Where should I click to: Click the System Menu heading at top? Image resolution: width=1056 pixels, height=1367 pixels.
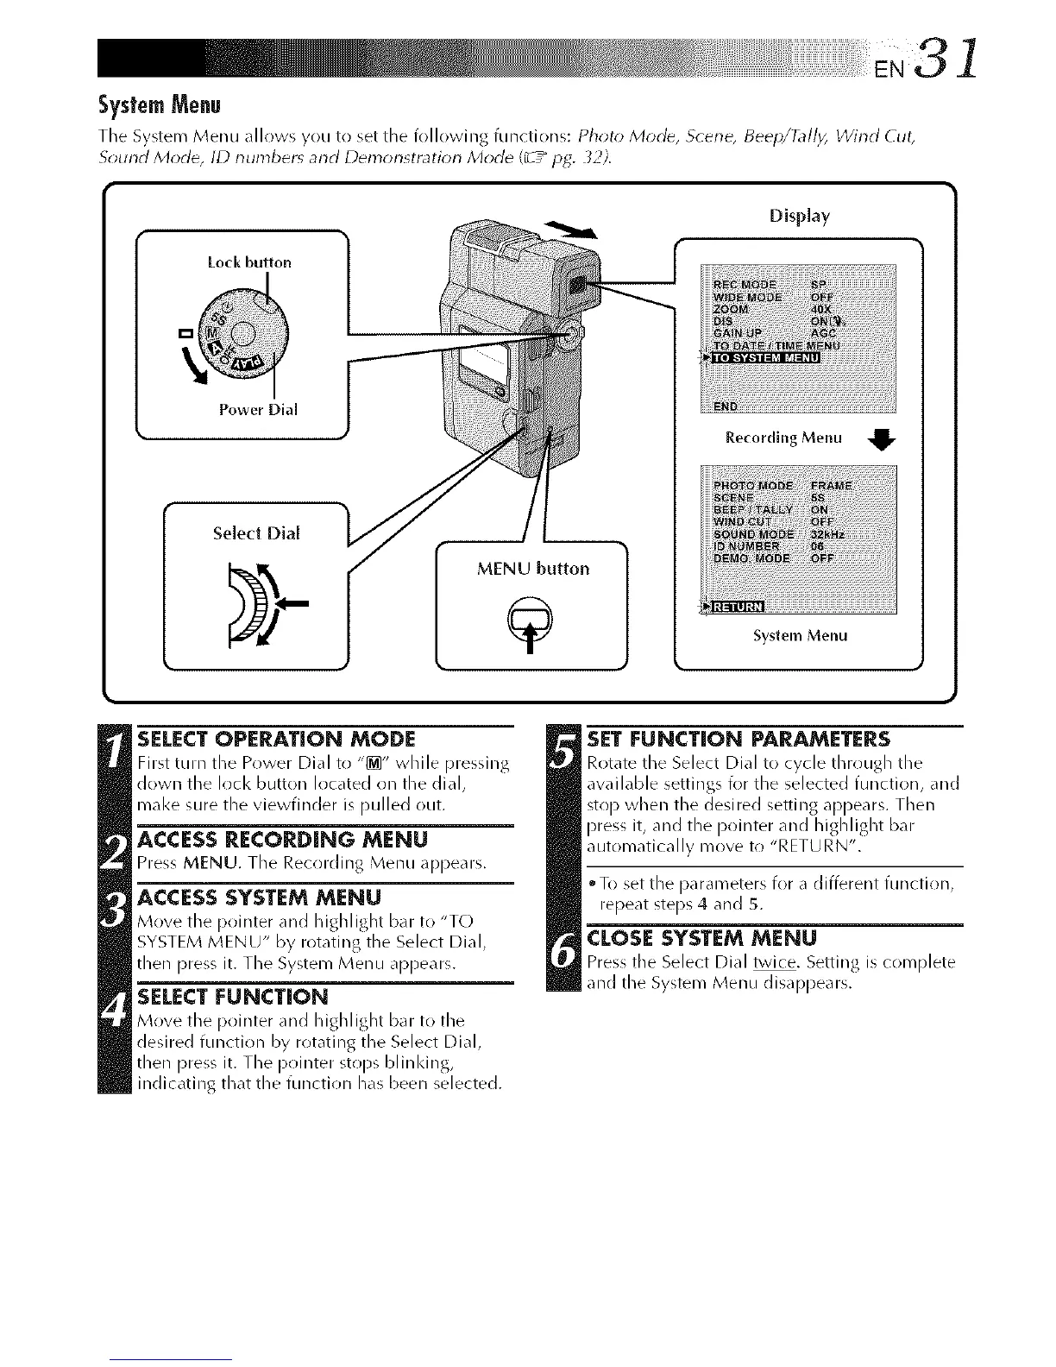(160, 107)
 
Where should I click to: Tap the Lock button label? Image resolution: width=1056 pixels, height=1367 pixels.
(249, 261)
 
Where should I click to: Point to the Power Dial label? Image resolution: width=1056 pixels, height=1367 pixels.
(258, 410)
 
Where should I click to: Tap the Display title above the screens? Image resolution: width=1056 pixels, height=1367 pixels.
(799, 216)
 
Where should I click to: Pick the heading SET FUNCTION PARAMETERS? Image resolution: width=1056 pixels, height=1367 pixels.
(738, 740)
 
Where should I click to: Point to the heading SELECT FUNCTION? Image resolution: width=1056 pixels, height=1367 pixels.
(233, 997)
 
